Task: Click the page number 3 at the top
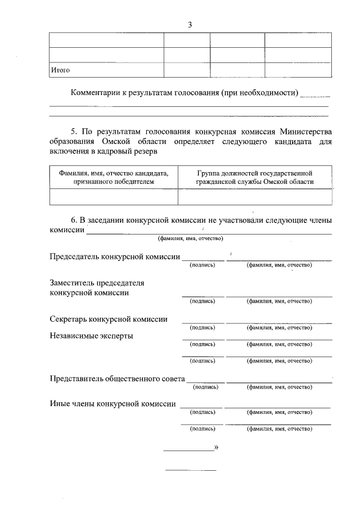190,24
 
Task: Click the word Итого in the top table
60,70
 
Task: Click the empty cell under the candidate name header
114,197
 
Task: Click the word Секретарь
70,319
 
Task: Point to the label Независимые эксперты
92,336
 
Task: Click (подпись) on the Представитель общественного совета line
206,387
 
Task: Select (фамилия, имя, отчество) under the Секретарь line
279,327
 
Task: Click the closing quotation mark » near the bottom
216,448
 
